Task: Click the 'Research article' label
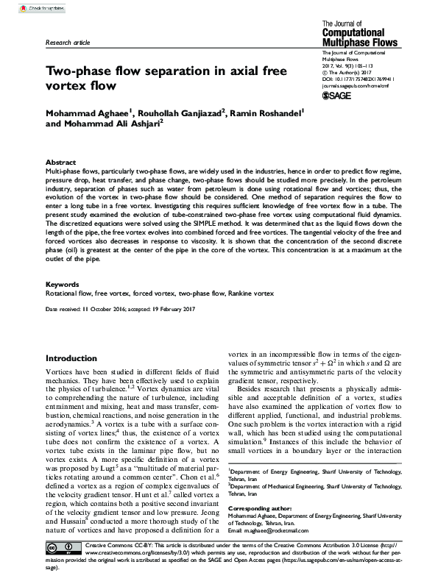[x=68, y=43]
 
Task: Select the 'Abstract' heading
[x=60, y=162]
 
